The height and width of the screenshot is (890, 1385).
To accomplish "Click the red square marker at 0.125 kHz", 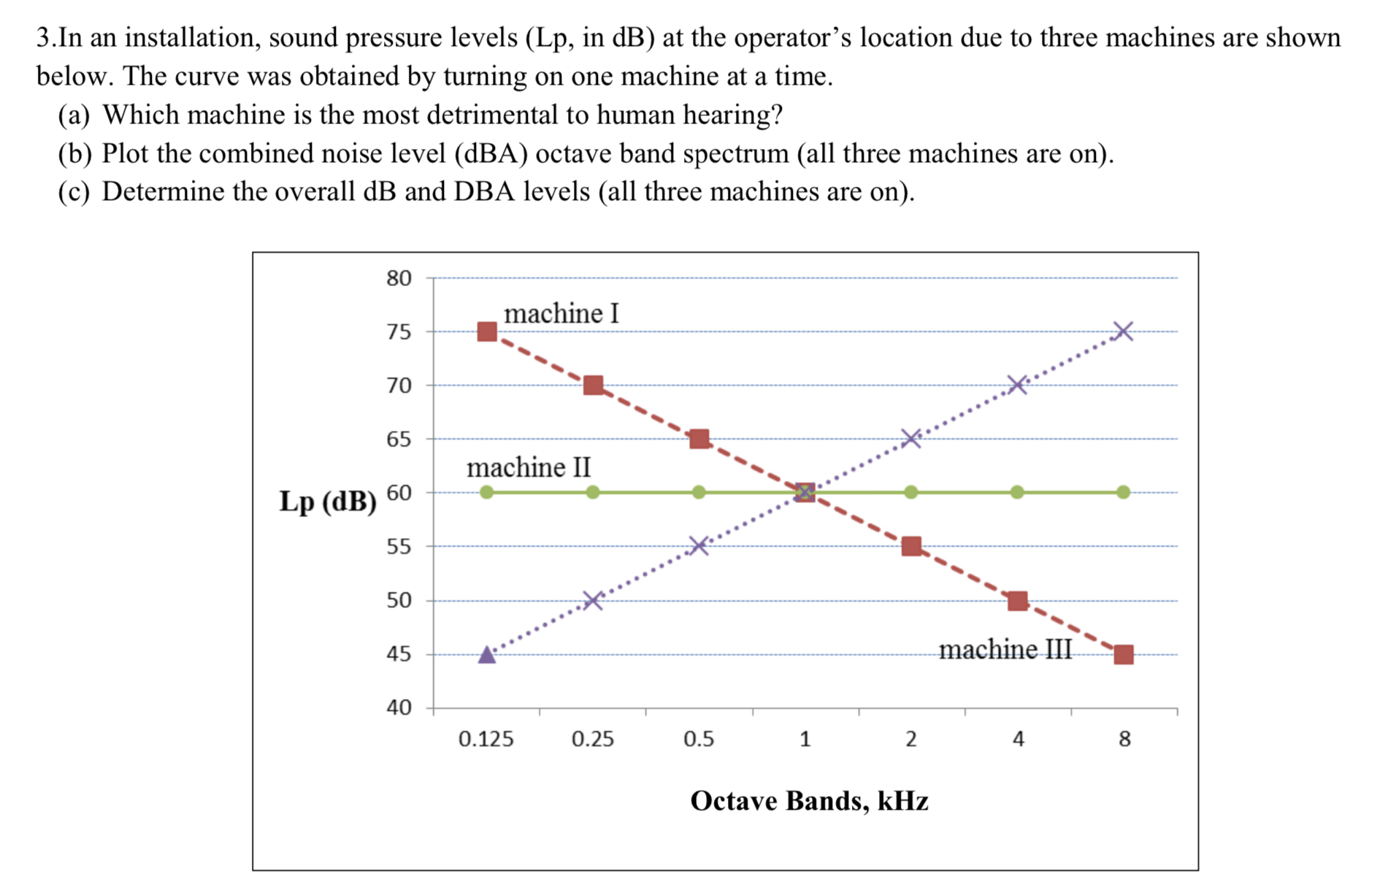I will coord(487,332).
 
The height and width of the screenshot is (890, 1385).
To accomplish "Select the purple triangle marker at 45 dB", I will coord(487,654).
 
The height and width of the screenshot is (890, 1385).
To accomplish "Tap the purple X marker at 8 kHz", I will coord(1124,331).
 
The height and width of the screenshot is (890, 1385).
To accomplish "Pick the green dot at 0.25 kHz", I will coord(593,493).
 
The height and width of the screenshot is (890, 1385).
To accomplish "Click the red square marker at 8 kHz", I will coord(1124,654).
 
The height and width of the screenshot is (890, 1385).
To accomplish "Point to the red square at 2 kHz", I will coord(911,546).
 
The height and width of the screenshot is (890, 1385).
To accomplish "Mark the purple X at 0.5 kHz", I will coord(699,546).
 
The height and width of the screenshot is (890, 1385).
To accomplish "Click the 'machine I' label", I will coord(561,314).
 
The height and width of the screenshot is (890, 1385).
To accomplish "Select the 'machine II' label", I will coord(529,467).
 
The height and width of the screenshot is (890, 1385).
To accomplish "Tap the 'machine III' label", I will coord(1005,649).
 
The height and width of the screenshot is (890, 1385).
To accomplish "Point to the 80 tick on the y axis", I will coord(399,278).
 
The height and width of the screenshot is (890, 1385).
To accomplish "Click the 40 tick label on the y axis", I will coord(399,707).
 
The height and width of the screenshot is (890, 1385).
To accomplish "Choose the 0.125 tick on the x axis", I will coord(486,740).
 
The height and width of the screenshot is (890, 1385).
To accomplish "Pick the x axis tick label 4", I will coord(1018,740).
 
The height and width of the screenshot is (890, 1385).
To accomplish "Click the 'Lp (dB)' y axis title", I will coord(328,502).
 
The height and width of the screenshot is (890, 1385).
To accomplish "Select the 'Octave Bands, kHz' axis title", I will coord(809,801).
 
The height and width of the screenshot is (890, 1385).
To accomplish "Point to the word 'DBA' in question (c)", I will coord(480,191).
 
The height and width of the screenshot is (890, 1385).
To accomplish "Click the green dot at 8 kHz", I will coord(1124,493).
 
